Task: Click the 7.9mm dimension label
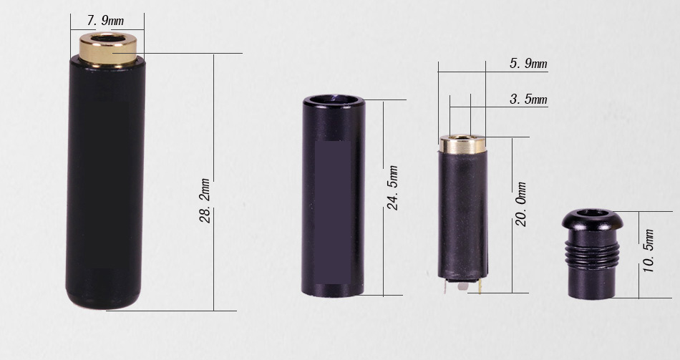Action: tap(105, 20)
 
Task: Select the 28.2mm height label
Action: tap(205, 201)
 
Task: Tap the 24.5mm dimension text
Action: tap(393, 188)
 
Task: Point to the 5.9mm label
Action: tap(528, 64)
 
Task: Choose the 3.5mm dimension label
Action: tap(528, 99)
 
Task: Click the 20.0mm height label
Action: tap(521, 204)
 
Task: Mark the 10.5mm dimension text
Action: tap(648, 250)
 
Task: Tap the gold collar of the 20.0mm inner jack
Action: tap(462, 145)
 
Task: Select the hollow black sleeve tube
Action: tap(334, 197)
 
